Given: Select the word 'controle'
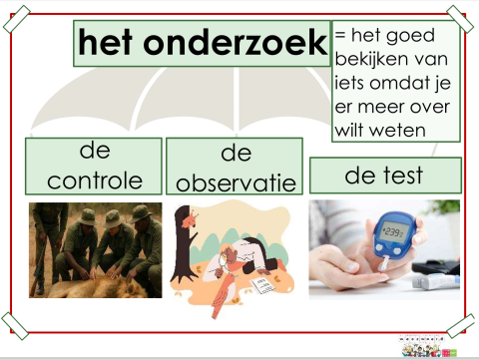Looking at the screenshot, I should [x=94, y=180].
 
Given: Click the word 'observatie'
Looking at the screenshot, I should [x=234, y=183].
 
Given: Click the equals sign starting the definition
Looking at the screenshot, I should [x=342, y=36].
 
